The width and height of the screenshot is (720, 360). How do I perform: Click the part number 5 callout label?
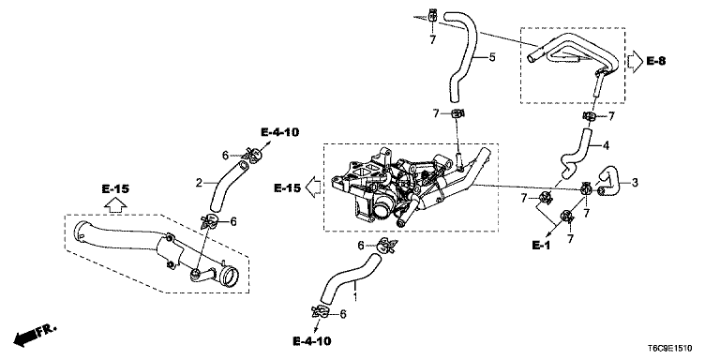(492, 57)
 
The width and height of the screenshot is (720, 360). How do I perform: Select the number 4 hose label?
(607, 146)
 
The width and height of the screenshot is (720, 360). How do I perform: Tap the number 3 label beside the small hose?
(635, 183)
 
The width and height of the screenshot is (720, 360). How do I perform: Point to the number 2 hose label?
(199, 183)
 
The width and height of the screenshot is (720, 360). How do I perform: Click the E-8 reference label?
(655, 61)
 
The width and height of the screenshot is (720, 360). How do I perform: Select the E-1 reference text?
(541, 246)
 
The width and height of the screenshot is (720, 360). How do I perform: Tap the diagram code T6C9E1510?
(670, 349)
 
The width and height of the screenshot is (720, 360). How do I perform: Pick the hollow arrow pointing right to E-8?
(635, 62)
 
